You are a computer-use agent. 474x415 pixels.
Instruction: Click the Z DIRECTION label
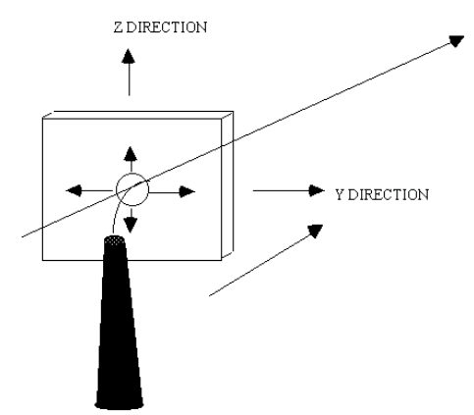pos(160,27)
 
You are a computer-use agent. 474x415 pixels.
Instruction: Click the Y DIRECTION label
pos(382,195)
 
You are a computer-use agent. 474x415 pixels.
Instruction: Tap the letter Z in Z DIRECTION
pos(118,27)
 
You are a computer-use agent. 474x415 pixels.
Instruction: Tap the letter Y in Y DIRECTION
pos(341,195)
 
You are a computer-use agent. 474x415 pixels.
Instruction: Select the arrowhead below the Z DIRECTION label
pos(129,56)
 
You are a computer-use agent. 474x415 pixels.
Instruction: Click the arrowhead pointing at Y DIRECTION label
pos(317,190)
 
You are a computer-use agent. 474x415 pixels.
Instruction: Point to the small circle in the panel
pos(132,189)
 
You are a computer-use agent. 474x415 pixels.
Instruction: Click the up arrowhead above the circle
pos(131,153)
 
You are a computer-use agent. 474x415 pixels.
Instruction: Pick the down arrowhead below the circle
pos(131,226)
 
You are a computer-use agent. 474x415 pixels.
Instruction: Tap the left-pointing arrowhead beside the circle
pos(74,190)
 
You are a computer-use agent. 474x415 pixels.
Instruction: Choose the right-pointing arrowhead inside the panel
pos(187,191)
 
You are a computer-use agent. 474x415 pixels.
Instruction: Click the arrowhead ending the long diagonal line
pos(456,40)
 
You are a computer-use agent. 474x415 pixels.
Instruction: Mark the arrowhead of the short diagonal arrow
pos(315,231)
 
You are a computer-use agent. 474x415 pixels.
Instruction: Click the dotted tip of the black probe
pos(114,240)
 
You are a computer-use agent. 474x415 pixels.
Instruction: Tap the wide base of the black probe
pos(119,402)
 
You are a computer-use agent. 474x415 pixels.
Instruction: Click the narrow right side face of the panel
pos(228,184)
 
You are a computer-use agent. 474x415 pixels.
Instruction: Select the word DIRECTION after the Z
pos(167,27)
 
